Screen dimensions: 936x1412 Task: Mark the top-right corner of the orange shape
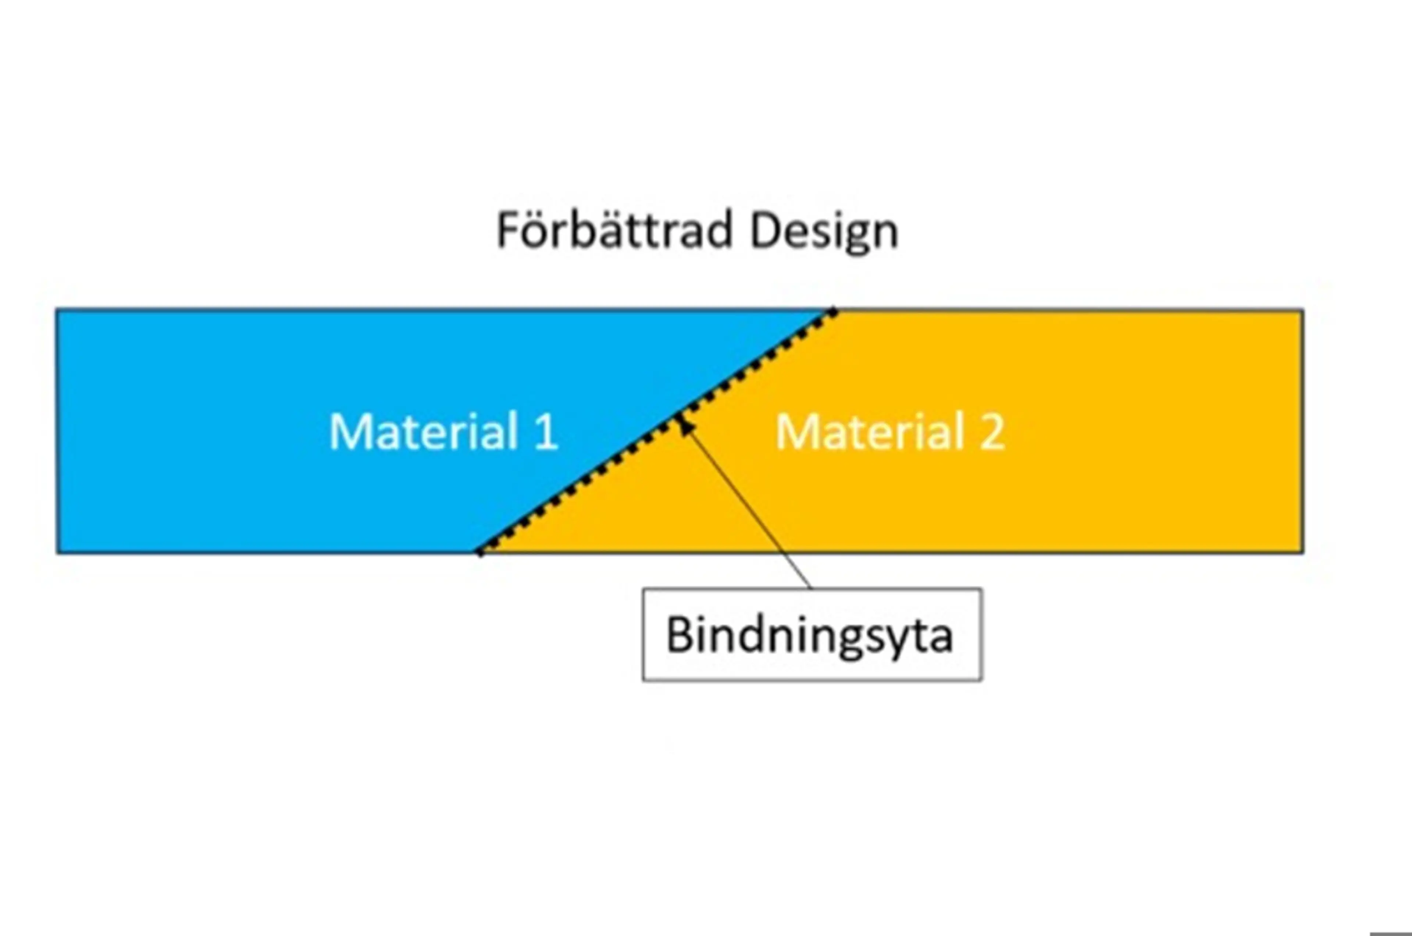1302,311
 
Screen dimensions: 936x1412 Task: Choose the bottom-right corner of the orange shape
1302,552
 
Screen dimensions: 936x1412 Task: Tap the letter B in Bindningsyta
678,635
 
